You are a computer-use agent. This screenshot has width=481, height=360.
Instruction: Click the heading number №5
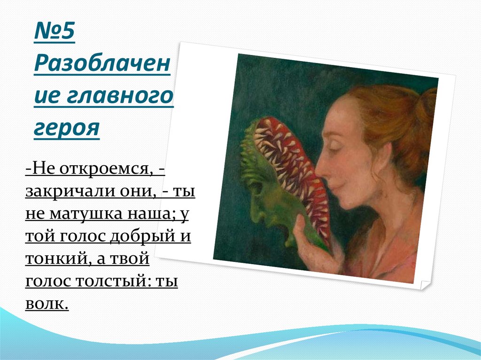pos(54,35)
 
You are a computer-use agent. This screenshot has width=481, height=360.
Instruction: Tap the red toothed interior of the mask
pos(287,160)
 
